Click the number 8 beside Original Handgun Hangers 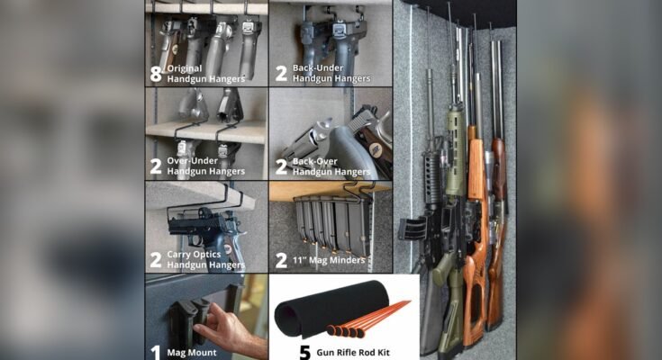click(x=156, y=74)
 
